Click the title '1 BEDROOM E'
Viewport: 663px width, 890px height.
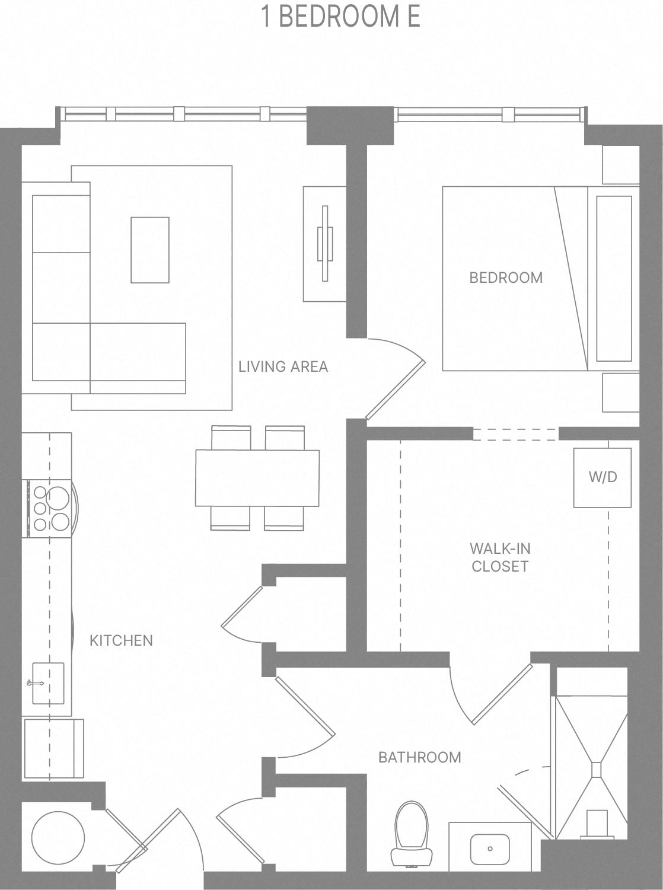340,17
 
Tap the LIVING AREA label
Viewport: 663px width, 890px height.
283,366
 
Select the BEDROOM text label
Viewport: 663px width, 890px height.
505,277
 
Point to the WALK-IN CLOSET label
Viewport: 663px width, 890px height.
499,557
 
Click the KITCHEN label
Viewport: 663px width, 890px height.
121,640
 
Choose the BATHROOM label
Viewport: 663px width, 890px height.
419,757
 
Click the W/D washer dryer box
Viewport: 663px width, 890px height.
602,477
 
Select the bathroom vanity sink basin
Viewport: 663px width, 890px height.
489,848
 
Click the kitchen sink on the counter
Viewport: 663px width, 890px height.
47,683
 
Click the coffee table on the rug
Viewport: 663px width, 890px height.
150,250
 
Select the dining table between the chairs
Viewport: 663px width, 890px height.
257,478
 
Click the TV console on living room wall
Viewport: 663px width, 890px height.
324,244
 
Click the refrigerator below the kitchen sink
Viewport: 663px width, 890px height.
53,748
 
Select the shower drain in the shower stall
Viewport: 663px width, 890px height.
596,769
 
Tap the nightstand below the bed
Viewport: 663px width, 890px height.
620,393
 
